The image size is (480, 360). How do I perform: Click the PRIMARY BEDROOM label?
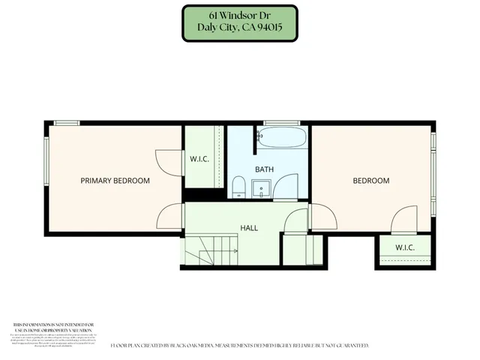[115, 181]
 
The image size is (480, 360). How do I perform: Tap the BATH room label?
[264, 169]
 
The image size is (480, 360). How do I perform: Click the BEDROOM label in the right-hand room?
[371, 181]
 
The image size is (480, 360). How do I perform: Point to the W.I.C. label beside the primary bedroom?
[199, 159]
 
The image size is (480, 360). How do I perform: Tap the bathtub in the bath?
[281, 137]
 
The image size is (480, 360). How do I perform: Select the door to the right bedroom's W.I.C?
[403, 220]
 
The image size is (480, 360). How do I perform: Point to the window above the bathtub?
[281, 123]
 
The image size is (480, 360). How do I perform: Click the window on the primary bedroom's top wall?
[67, 123]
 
